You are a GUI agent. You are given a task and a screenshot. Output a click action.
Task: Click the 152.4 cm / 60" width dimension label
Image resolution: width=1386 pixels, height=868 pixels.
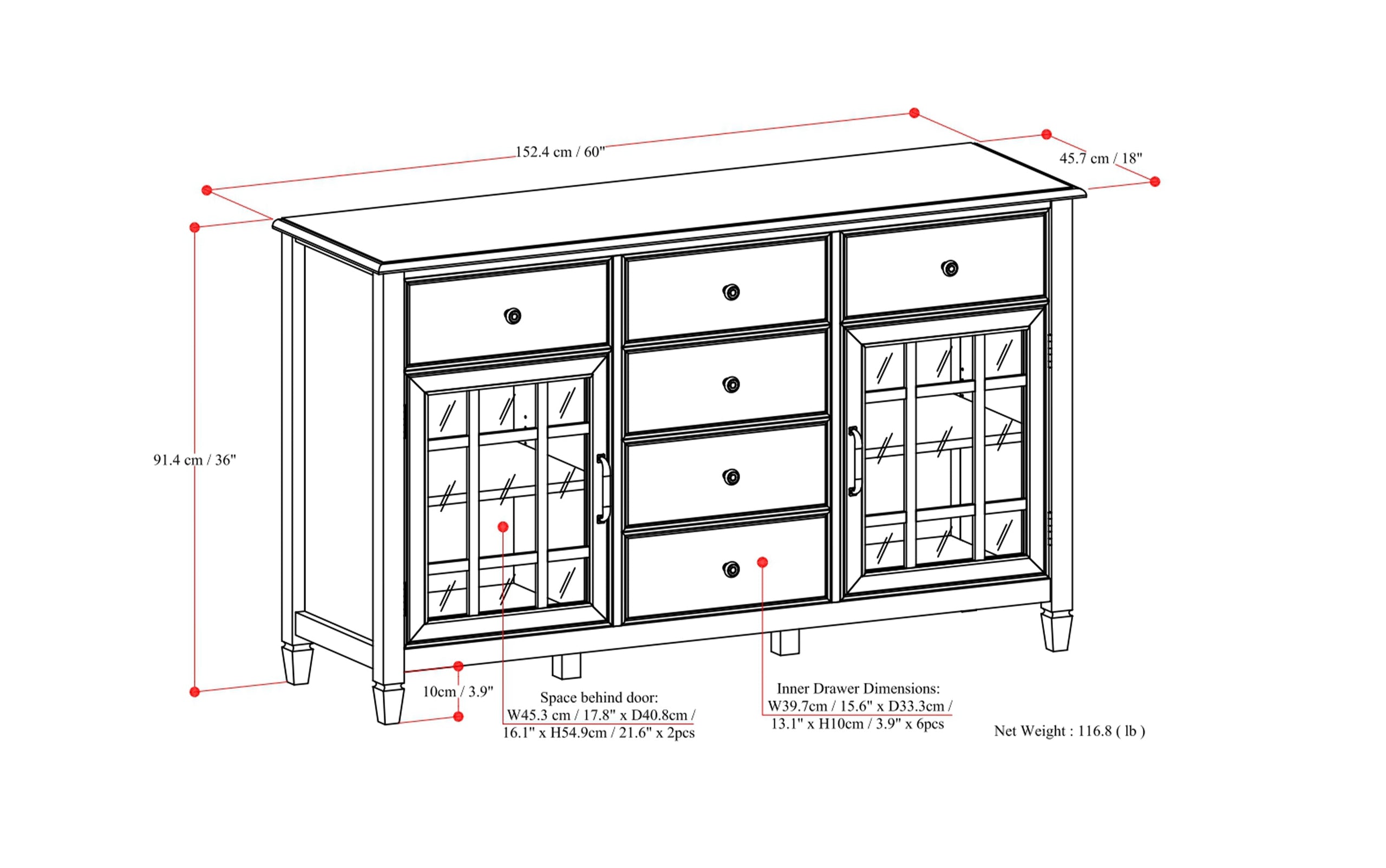pos(560,152)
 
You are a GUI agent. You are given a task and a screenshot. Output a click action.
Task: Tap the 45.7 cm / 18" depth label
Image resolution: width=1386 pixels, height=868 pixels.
pos(1100,159)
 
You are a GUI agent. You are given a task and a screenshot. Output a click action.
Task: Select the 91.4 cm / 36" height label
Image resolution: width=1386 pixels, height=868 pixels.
pos(194,460)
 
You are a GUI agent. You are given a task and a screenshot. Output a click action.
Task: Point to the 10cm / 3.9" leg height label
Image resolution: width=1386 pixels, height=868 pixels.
pos(458,692)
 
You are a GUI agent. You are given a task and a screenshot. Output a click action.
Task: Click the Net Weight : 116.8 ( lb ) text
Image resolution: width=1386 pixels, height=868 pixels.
pos(1069,731)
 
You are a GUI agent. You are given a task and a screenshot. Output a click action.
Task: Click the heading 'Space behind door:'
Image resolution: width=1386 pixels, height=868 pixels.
pos(599,697)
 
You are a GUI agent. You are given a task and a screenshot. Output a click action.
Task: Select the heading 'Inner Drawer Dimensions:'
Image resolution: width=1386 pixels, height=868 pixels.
pos(858,688)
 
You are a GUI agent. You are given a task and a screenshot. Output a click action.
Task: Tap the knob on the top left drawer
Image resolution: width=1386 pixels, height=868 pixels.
pos(513,316)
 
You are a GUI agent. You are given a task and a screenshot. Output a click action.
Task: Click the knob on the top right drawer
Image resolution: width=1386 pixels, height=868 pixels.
pos(950,268)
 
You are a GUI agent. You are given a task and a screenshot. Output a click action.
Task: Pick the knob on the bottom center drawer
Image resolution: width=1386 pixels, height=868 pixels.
pos(730,569)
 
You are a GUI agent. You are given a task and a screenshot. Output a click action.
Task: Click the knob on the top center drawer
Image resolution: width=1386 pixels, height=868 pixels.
pos(730,292)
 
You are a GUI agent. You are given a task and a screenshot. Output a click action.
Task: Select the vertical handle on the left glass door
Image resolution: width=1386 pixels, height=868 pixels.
pos(602,488)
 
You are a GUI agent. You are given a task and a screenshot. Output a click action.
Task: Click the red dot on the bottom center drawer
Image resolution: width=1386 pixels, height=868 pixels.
pos(762,562)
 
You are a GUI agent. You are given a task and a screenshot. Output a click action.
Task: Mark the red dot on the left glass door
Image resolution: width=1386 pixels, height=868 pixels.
pos(503,526)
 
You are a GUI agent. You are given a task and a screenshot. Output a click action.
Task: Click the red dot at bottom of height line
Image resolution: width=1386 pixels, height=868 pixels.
pos(194,692)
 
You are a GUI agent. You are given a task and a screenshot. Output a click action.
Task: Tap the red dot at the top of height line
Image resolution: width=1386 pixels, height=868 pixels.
pos(194,227)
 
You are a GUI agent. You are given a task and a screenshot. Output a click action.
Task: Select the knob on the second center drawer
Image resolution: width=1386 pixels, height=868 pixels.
pos(730,384)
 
